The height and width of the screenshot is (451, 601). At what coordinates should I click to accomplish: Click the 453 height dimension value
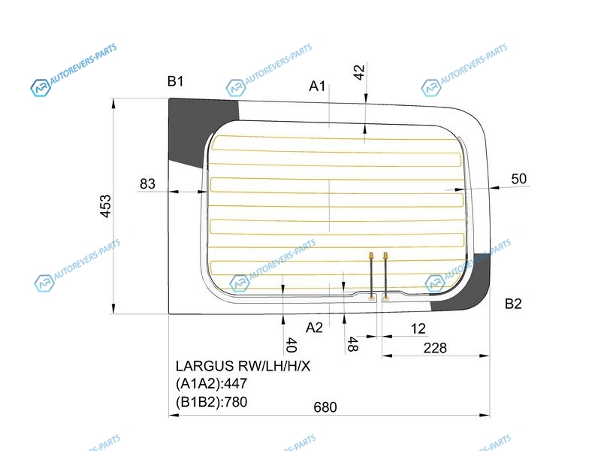click(105, 206)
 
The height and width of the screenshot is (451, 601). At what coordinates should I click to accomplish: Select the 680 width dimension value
click(325, 407)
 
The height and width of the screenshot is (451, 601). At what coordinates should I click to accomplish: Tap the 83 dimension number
click(147, 183)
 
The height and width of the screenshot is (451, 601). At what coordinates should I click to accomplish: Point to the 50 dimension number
click(519, 179)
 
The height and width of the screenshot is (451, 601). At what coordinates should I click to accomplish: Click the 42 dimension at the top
click(359, 72)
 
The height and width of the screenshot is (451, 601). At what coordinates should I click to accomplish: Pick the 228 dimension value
click(435, 348)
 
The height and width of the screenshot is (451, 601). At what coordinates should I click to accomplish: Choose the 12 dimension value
click(418, 328)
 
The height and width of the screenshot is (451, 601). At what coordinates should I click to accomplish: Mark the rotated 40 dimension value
click(291, 345)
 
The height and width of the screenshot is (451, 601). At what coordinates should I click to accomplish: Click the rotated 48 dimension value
click(352, 344)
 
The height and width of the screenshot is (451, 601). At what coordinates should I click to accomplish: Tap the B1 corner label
click(176, 81)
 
